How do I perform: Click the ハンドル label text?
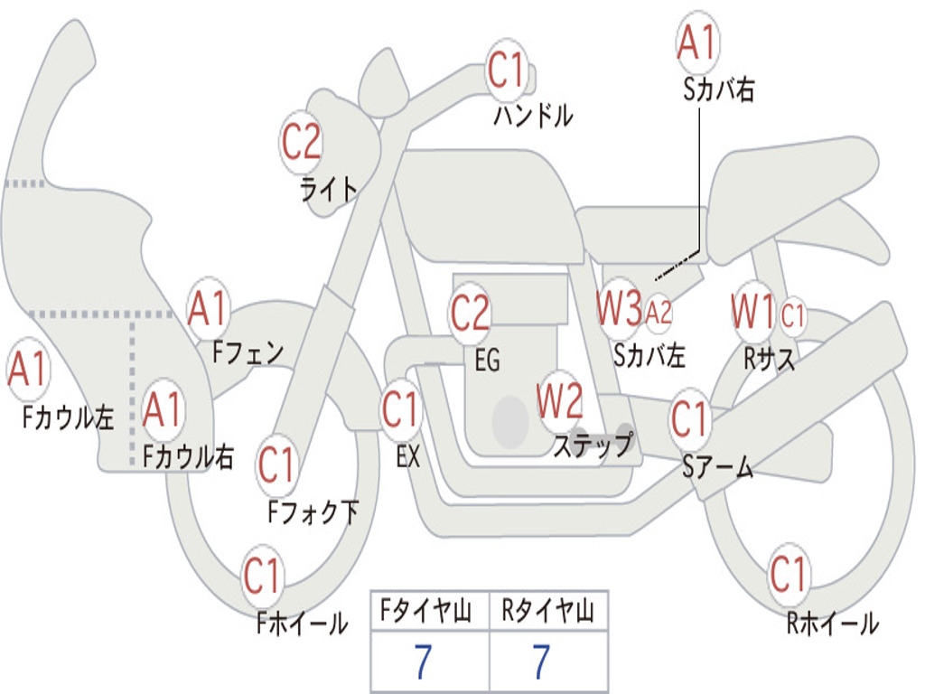[533, 115]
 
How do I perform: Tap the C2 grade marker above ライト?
[301, 142]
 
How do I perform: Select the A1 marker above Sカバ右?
[697, 42]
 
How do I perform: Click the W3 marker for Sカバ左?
[619, 308]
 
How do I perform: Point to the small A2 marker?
[659, 312]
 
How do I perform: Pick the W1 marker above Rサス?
[752, 311]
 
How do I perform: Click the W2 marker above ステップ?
[560, 401]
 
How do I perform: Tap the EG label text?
[487, 360]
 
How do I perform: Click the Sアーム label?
[718, 467]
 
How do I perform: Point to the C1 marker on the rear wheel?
[788, 574]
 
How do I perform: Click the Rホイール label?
[832, 624]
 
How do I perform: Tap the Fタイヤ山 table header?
[426, 610]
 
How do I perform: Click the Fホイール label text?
[302, 624]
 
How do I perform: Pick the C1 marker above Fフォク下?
[276, 465]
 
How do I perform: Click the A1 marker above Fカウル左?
[28, 369]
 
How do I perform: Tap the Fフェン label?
[248, 353]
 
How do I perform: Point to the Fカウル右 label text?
[188, 456]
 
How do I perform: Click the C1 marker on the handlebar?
[506, 70]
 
